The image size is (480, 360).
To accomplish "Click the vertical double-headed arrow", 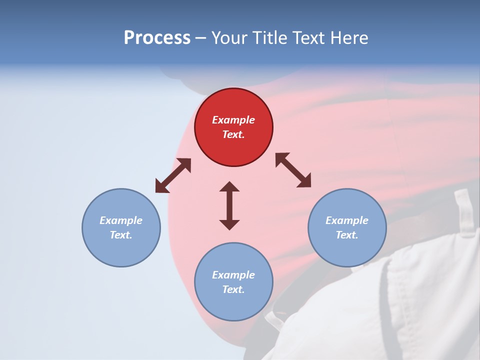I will click(229, 205).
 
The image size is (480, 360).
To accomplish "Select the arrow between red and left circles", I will click(173, 175).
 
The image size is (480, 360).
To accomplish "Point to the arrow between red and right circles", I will click(293, 170).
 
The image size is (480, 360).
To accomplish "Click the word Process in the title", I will click(157, 37).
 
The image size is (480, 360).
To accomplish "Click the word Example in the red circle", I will click(233, 120).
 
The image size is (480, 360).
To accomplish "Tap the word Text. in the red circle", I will click(233, 134).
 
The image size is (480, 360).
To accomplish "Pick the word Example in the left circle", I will click(121, 220).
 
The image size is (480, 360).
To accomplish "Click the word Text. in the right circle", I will click(347, 235).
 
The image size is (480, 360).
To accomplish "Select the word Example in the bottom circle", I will click(233, 275).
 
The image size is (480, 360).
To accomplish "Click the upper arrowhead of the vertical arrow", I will click(229, 187).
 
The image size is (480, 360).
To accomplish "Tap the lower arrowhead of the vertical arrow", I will click(229, 224).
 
